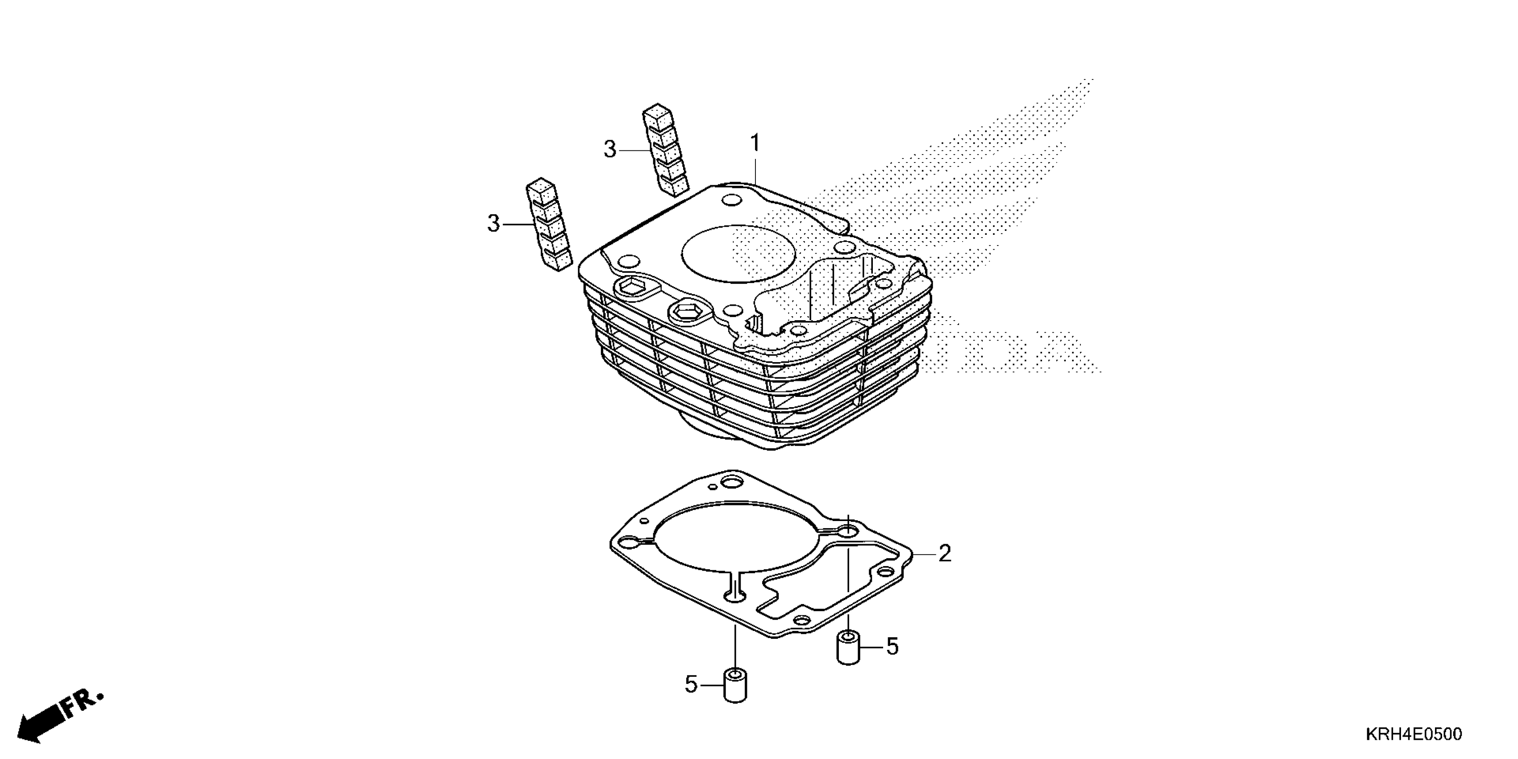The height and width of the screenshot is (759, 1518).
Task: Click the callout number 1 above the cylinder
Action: (x=755, y=143)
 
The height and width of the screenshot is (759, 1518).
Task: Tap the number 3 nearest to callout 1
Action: (x=610, y=150)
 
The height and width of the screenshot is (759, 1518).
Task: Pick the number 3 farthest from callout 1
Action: (x=493, y=224)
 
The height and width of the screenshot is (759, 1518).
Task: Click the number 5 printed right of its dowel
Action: (x=892, y=646)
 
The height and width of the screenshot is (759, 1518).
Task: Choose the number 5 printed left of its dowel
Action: (x=691, y=685)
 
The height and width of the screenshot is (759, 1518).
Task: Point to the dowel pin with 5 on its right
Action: (x=848, y=648)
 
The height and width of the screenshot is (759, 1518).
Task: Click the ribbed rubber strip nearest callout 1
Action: (x=665, y=150)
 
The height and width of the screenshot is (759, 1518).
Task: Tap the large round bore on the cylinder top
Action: (x=738, y=254)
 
